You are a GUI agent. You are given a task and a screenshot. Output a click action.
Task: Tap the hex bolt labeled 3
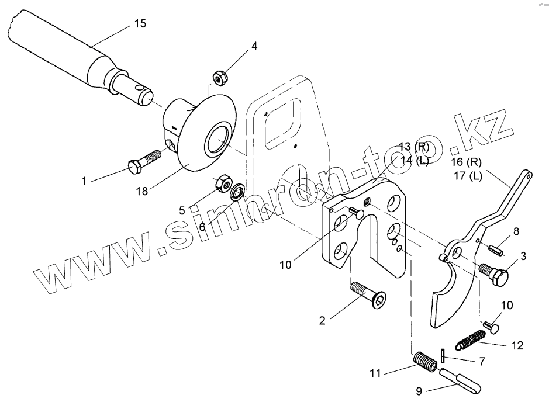(495, 273)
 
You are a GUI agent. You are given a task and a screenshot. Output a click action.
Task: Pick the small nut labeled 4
(220, 77)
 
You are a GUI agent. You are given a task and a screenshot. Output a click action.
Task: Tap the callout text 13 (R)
(413, 147)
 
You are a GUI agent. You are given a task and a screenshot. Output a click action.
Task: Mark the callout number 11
(376, 372)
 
